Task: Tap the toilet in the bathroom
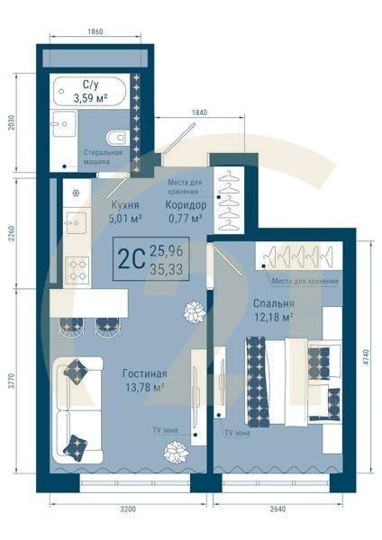click(115, 138)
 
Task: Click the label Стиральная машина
click(103, 157)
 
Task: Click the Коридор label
click(184, 204)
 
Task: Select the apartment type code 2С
click(131, 258)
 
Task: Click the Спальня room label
click(273, 303)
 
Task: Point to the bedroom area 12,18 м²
click(273, 318)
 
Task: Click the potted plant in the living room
click(193, 312)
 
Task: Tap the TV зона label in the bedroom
click(238, 433)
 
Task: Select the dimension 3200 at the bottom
click(127, 509)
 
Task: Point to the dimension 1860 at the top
click(95, 31)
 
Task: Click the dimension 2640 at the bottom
click(276, 509)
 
